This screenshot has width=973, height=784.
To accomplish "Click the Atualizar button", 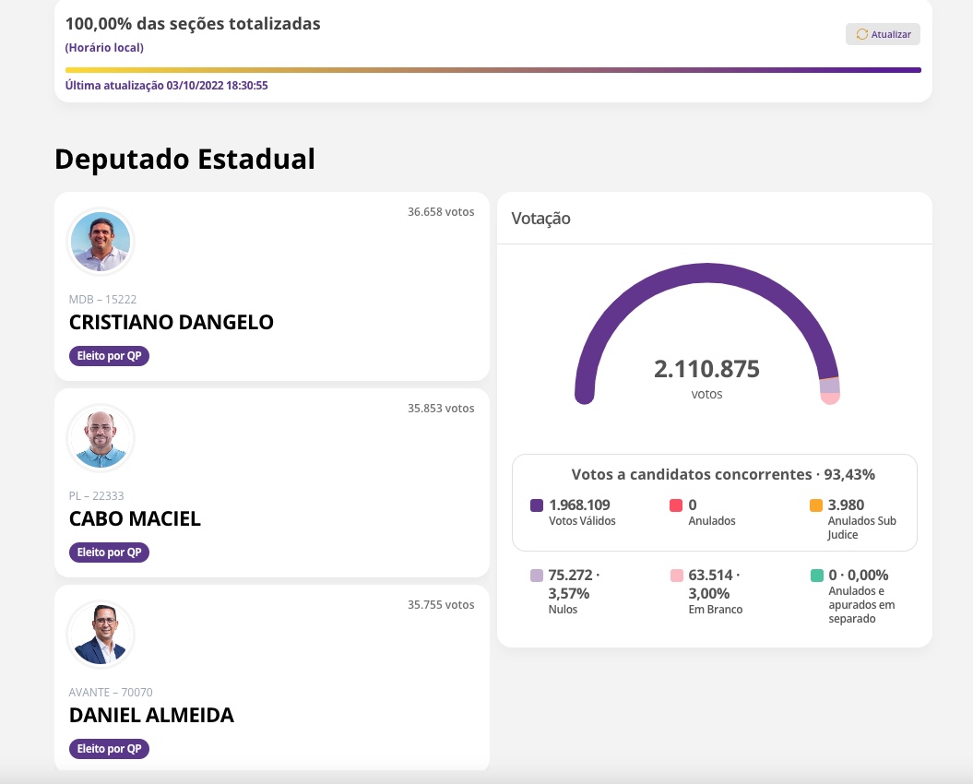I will coord(883,34).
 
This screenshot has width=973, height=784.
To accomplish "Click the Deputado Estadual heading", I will coord(184,159).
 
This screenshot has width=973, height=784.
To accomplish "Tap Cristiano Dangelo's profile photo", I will coord(101,242).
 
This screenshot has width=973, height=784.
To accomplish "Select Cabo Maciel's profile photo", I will coord(101,438).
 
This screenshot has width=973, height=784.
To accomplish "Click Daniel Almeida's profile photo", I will coord(101,635).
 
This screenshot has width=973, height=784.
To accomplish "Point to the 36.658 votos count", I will coord(441,212).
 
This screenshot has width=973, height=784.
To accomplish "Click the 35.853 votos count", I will coord(441,409).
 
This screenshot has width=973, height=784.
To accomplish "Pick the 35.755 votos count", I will coord(441,605).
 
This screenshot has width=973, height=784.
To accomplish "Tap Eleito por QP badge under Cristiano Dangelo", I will coord(109,356).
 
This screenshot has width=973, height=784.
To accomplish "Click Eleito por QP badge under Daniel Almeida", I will coord(109,749).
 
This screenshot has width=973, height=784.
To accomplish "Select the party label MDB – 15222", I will coord(102,300).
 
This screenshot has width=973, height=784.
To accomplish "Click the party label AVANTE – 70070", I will coord(111,693).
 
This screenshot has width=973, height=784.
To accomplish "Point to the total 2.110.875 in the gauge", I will coord(706,370).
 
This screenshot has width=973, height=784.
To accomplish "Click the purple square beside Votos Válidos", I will coord(537,505).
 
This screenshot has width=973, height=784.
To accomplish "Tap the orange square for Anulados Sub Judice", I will coord(816,505).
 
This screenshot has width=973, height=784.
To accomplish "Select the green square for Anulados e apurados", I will coord(816,576).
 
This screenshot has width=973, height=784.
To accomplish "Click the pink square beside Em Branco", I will coord(677,576).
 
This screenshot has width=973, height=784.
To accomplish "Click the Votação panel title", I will coord(541,219).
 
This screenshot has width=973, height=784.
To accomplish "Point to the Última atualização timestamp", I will coord(166,86).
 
